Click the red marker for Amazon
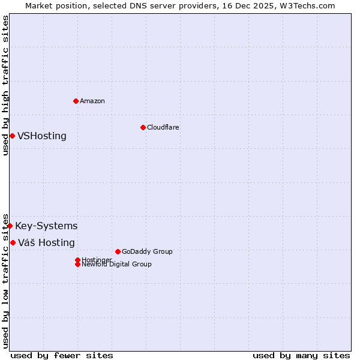[76, 101]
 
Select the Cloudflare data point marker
[143, 127]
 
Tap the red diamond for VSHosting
[12, 136]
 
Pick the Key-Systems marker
[10, 226]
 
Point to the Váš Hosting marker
[13, 242]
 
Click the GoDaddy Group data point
[118, 251]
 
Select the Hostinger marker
[77, 260]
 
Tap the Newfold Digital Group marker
[77, 264]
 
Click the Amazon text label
[92, 101]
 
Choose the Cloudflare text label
[163, 127]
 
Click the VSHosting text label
[42, 136]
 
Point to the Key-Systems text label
[46, 226]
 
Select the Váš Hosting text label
[46, 242]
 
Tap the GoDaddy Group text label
[147, 251]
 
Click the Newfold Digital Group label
[117, 265]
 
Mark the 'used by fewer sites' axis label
[62, 355]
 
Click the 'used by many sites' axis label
[301, 355]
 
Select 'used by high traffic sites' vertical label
[5, 85]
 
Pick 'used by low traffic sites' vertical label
[5, 280]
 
